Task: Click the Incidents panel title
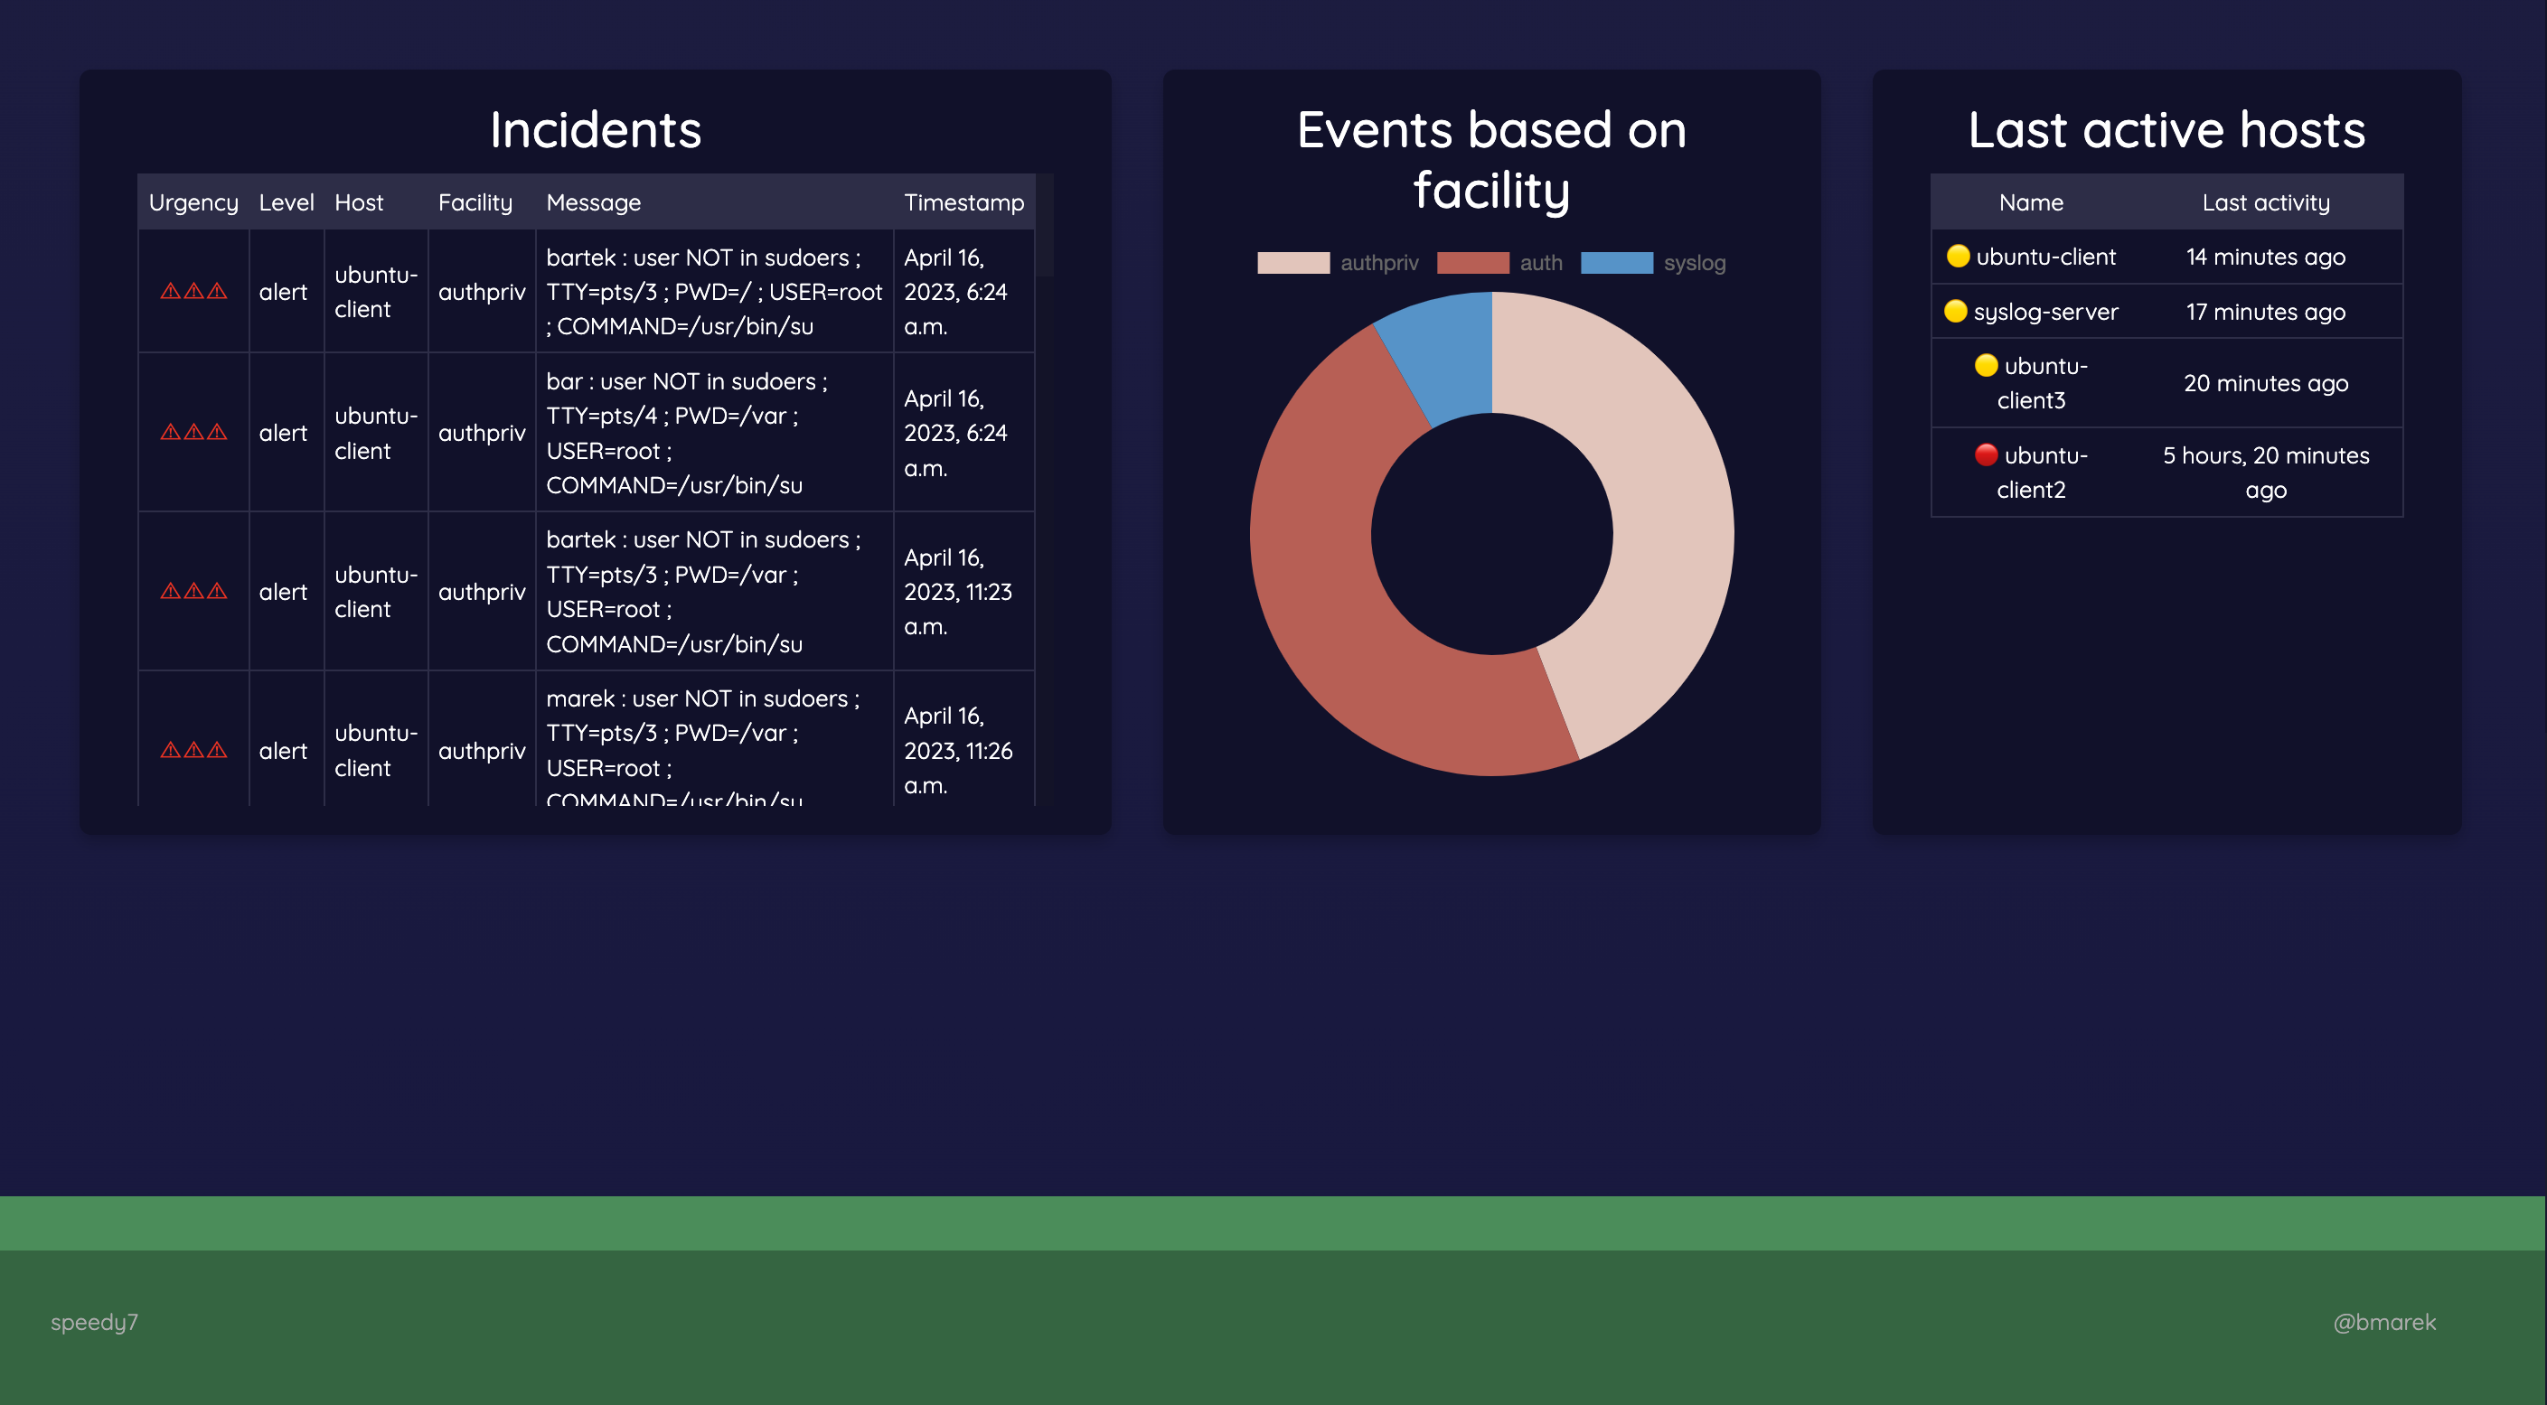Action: coord(596,129)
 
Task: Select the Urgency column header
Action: coord(193,202)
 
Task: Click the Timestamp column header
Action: coord(963,202)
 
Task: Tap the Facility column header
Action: coord(475,202)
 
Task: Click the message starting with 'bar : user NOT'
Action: coord(686,433)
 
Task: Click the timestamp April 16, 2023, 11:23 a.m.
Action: coord(957,591)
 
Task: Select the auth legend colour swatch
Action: coord(1472,263)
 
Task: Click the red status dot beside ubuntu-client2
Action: coord(1986,454)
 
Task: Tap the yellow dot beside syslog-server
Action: coord(1955,312)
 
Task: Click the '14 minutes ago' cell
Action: coord(2265,258)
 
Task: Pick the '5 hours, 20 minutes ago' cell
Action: coord(2265,473)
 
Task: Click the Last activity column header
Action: coord(2265,202)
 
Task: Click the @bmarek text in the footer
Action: coord(2383,1322)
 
